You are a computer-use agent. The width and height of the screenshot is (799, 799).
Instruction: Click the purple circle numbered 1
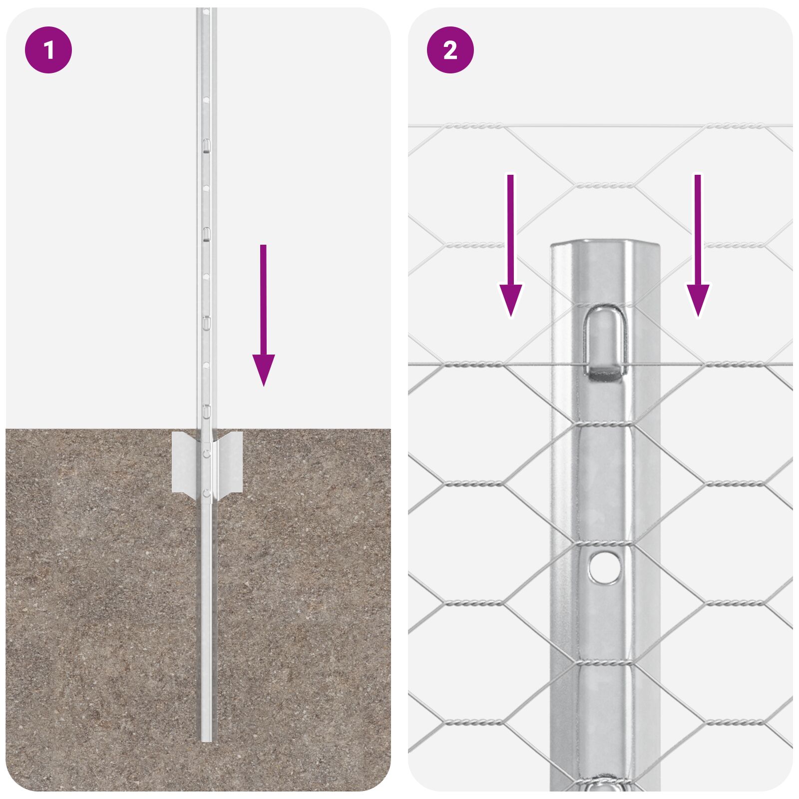pyautogui.click(x=48, y=50)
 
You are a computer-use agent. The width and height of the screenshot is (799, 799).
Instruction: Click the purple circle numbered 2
pyautogui.click(x=450, y=50)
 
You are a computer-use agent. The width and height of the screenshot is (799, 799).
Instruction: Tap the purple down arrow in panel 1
pyautogui.click(x=263, y=315)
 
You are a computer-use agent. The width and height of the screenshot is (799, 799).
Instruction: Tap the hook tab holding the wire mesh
pyautogui.click(x=605, y=345)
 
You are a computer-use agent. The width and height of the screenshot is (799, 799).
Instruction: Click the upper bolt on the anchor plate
pyautogui.click(x=207, y=453)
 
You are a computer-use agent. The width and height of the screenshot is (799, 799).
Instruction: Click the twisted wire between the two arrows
pyautogui.click(x=605, y=186)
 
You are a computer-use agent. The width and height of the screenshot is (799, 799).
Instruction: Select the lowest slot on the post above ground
pyautogui.click(x=206, y=411)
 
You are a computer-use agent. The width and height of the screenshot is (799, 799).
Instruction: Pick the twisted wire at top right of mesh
pyautogui.click(x=734, y=126)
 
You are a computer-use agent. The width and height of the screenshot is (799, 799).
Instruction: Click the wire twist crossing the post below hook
pyautogui.click(x=605, y=424)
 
